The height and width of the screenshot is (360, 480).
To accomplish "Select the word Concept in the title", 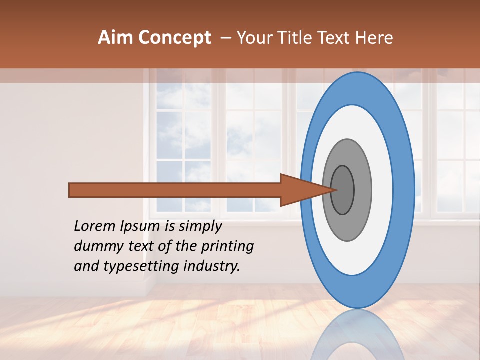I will tap(174, 38).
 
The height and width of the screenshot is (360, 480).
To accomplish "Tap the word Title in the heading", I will tap(297, 38).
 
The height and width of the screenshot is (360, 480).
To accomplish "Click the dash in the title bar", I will tap(225, 38).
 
